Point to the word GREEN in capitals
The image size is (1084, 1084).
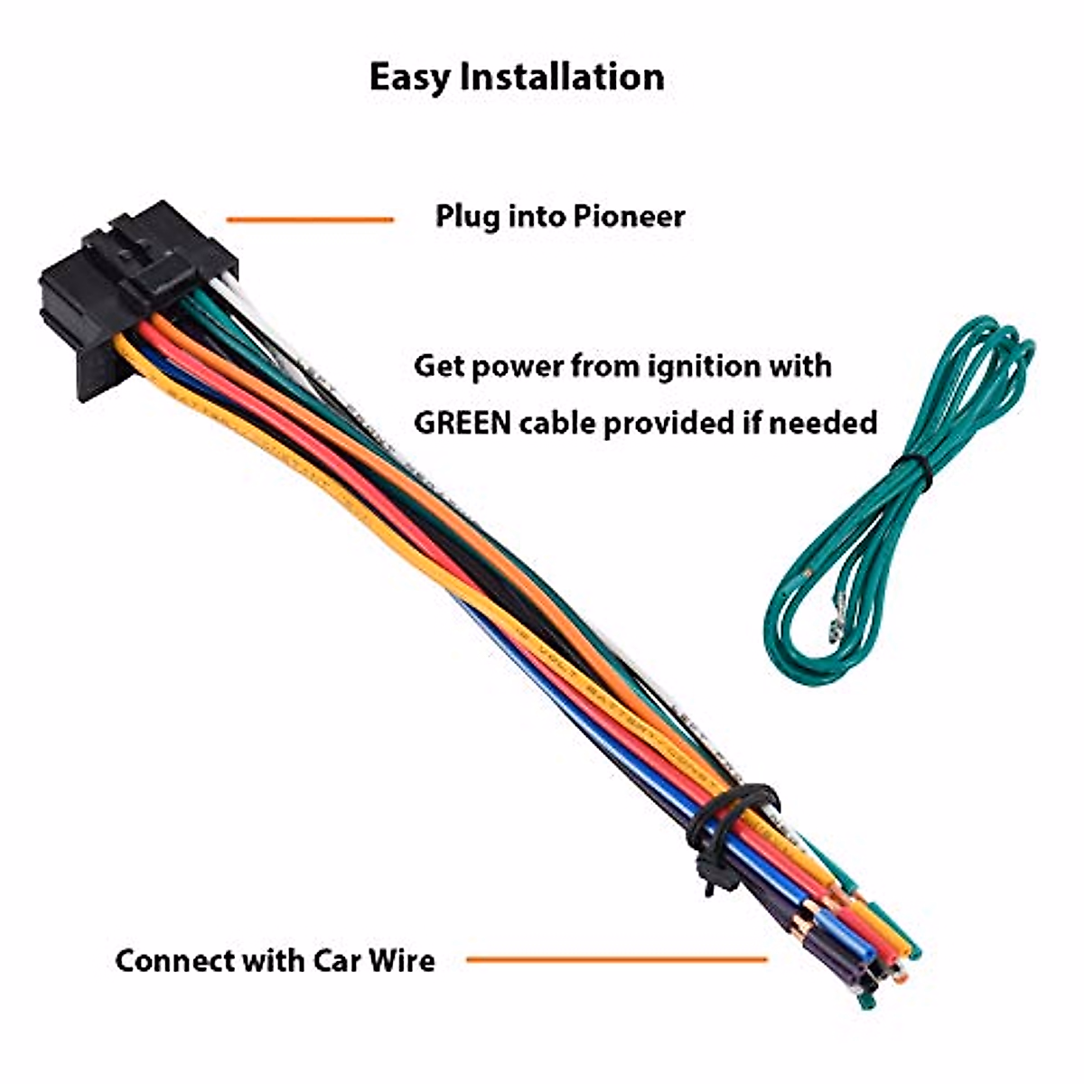[x=462, y=423]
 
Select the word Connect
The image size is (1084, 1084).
[x=174, y=959]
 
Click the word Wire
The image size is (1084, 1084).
[x=401, y=959]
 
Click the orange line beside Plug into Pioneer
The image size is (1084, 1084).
[x=309, y=220]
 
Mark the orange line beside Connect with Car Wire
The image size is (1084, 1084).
[x=616, y=959]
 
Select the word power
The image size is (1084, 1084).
[x=517, y=368]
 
